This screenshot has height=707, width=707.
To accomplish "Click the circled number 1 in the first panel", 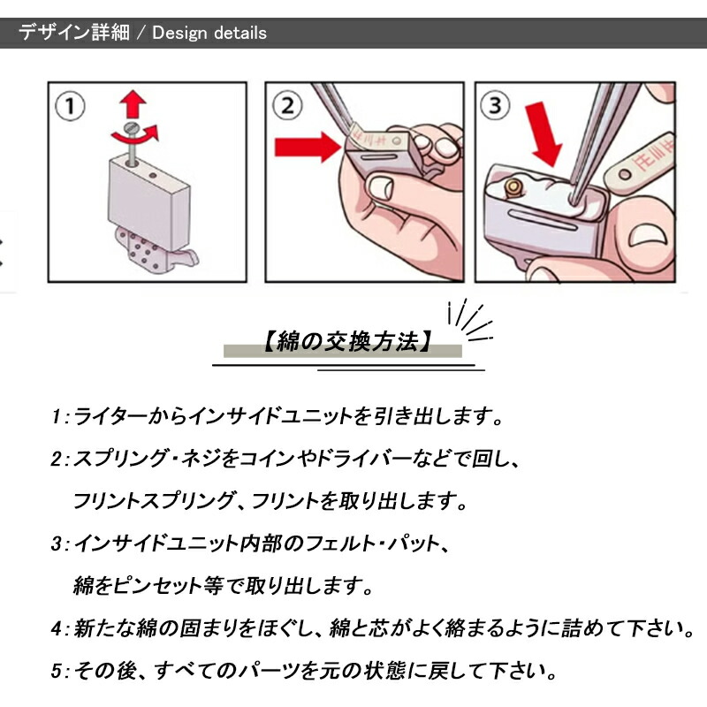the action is tap(70, 106).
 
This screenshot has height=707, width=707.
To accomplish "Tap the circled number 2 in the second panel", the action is tap(288, 105).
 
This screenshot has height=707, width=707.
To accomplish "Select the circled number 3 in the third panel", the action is tap(495, 105).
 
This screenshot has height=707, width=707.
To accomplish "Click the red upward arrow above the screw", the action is tap(133, 103).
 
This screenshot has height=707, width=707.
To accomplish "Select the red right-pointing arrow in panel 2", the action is tap(308, 147).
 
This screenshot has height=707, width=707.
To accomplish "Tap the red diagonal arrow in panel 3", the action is tap(544, 134).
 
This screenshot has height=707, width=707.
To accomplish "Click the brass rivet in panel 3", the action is tap(513, 187).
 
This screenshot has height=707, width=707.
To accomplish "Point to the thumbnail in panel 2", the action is tap(380, 186).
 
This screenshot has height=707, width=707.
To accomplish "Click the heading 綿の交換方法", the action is tap(347, 341).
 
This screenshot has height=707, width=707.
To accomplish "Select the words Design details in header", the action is tap(209, 33).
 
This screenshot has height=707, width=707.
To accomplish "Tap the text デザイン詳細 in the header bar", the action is tap(74, 33).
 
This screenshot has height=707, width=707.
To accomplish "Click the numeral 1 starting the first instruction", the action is tap(56, 416).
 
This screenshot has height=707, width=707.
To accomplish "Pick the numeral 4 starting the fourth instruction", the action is tap(57, 628).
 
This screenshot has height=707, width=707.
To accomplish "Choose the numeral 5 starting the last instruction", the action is tap(56, 671).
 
